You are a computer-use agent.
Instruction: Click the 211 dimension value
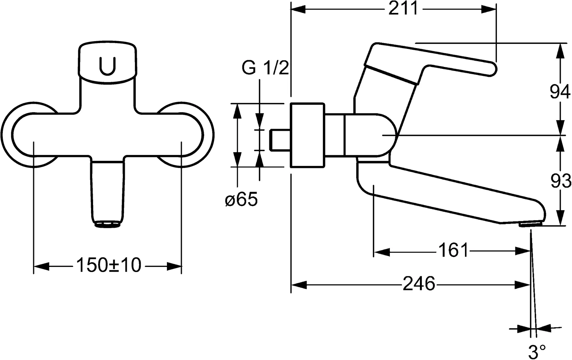click(403, 9)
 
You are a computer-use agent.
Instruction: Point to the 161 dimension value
click(453, 250)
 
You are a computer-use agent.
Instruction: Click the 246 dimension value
click(418, 284)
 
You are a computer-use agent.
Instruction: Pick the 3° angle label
click(537, 351)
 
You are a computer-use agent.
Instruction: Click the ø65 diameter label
click(241, 200)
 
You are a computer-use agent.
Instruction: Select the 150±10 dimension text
click(108, 266)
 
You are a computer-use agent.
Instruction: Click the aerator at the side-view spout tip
click(529, 224)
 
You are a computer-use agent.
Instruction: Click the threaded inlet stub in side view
click(280, 140)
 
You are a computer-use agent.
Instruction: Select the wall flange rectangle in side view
click(307, 135)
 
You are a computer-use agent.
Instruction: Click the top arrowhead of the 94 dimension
click(560, 50)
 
